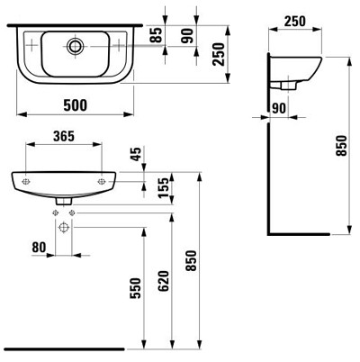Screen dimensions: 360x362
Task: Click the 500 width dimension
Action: point(76,105)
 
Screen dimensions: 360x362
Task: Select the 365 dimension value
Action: point(64,136)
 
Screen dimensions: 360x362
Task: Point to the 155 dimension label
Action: point(164,188)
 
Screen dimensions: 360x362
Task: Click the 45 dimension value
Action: point(137,154)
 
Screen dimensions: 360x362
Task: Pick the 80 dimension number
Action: point(39,248)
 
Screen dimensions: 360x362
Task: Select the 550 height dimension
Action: point(135,288)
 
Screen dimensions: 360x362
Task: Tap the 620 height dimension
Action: point(164,281)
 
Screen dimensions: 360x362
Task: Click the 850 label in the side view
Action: point(341,146)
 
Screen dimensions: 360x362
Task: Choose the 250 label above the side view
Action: point(295,22)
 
